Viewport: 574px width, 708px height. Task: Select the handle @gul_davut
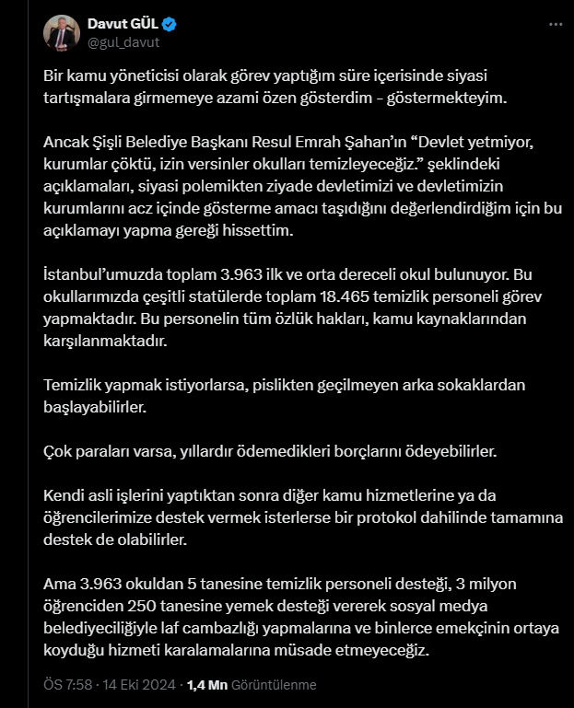123,41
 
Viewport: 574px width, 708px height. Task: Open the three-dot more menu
552,24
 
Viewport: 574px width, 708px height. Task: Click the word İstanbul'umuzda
100,275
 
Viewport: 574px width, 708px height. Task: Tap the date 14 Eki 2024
139,685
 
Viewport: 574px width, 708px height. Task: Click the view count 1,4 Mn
205,685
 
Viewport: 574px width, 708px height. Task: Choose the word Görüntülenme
274,685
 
